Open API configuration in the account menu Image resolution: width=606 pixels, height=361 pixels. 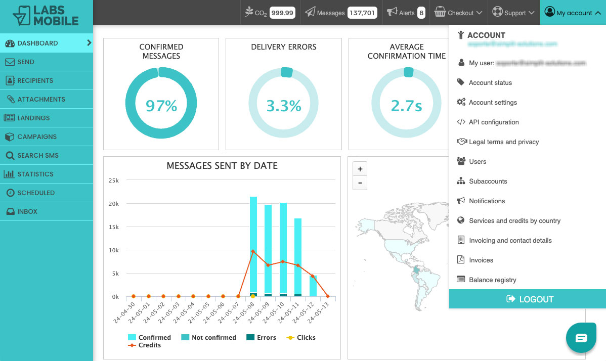493,122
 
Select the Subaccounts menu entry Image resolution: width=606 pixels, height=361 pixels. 488,181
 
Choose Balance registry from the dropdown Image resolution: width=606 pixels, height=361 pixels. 492,280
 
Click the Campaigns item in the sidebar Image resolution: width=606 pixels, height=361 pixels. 37,137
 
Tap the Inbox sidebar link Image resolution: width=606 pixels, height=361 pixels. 27,211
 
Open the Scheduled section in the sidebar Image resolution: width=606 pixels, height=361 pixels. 36,193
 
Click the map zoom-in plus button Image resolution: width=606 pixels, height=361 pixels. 360,169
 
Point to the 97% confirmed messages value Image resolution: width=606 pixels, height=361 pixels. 161,106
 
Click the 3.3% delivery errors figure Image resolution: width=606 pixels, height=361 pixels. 284,106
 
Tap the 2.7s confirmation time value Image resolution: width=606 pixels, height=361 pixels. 407,106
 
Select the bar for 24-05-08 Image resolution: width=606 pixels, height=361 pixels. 253,245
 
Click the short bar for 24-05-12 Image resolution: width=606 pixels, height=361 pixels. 313,286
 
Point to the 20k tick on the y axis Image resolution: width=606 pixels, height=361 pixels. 113,204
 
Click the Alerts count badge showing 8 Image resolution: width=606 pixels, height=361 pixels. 421,13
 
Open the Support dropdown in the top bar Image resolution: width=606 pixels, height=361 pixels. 513,13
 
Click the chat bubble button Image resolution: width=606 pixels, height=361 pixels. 581,338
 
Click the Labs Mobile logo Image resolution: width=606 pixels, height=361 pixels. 46,15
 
